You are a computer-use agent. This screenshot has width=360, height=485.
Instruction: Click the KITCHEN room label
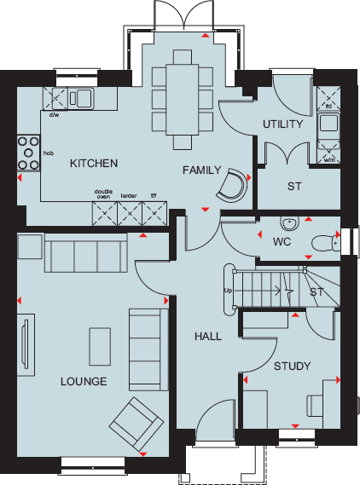[x=94, y=163]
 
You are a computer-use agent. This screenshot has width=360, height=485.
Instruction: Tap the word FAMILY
[x=202, y=170]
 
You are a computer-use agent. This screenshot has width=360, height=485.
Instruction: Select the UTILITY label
[x=283, y=124]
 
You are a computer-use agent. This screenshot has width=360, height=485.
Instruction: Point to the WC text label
[x=283, y=242]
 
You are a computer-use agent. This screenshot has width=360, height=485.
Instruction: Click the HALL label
[x=207, y=336]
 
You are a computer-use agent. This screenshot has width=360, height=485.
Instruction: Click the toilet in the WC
[x=324, y=241]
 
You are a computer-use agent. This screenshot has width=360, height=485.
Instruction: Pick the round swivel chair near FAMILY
[x=230, y=185]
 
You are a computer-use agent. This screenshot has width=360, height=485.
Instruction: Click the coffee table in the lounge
[x=100, y=344]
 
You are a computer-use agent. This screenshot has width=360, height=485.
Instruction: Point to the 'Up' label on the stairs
[x=228, y=291]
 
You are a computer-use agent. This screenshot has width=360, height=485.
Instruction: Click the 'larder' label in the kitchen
[x=129, y=195]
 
